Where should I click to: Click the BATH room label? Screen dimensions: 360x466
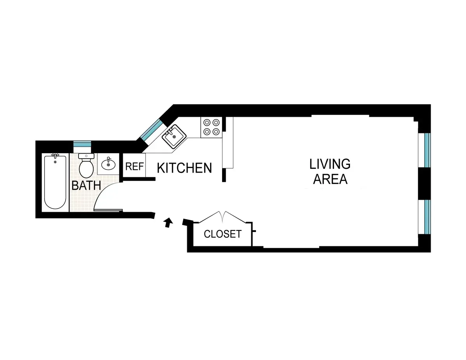[x=86, y=185]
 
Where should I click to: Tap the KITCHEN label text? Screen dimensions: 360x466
[x=184, y=168]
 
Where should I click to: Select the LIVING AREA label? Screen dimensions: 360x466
[x=330, y=171]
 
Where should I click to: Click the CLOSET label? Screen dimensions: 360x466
[x=223, y=234]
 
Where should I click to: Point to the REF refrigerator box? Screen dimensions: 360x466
[x=134, y=167]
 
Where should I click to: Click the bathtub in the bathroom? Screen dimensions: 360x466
[x=55, y=182]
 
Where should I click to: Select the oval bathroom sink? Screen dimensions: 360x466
[x=108, y=164]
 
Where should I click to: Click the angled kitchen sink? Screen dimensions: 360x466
[x=174, y=136]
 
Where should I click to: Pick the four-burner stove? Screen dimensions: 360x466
[x=211, y=127]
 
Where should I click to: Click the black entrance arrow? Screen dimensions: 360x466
[x=168, y=222]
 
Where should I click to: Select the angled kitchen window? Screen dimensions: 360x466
[x=152, y=130]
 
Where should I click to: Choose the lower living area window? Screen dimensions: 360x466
[x=427, y=216]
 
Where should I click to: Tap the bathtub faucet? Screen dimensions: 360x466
[x=55, y=156]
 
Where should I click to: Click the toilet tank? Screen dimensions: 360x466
[x=86, y=156]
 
